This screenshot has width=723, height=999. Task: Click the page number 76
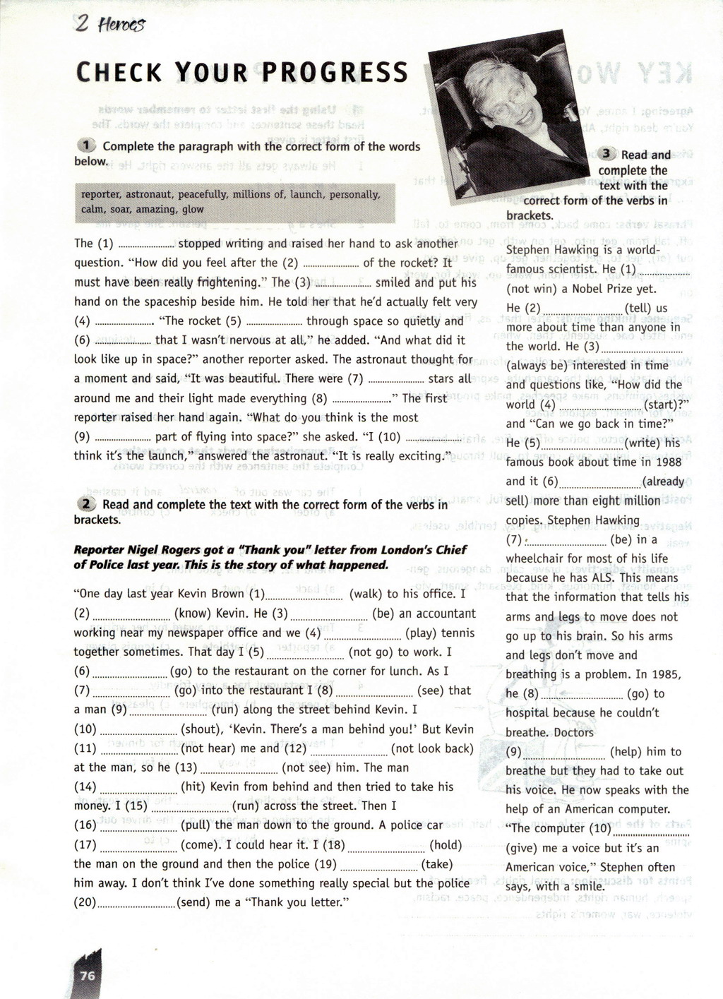(x=88, y=975)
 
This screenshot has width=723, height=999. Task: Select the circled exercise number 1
(x=87, y=146)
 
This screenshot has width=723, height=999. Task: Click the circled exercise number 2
(x=87, y=504)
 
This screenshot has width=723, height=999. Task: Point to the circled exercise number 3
(x=607, y=155)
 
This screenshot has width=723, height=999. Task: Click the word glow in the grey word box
(x=193, y=209)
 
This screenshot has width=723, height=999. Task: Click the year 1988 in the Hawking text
(x=668, y=462)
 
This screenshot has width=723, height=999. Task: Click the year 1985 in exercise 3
(x=665, y=674)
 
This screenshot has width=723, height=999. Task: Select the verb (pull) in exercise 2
(x=196, y=825)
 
